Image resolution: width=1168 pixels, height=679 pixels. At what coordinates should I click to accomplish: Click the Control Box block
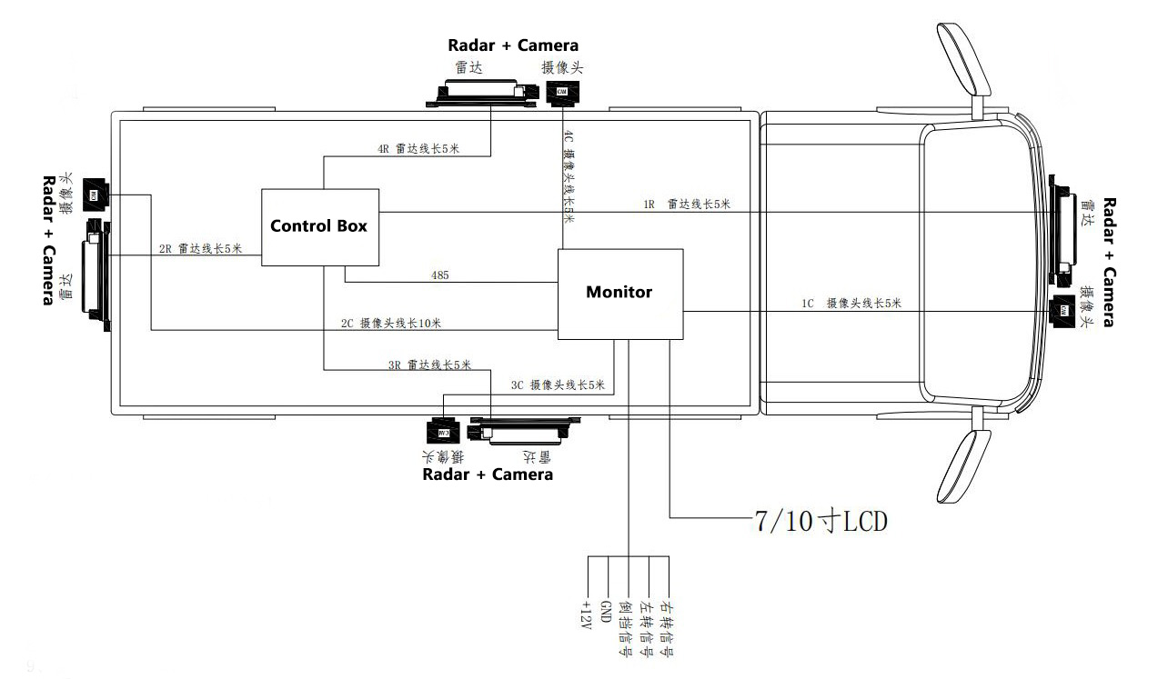319,227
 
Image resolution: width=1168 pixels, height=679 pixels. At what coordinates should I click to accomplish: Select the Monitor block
619,294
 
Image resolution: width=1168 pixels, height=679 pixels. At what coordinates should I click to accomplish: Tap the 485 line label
440,274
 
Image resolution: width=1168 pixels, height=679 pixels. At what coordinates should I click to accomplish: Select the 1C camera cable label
851,304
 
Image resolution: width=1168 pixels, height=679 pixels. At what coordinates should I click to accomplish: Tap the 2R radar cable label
201,248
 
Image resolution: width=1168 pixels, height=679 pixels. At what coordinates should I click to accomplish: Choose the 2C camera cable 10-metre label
391,323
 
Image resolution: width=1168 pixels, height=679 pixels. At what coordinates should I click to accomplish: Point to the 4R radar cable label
418,149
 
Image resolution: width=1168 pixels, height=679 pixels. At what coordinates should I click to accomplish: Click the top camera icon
562,92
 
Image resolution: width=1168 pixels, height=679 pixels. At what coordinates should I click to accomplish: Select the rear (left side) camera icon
95,193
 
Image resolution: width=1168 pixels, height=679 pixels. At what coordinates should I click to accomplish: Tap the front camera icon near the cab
1061,310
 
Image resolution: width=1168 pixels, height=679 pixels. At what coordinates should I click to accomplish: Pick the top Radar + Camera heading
513,45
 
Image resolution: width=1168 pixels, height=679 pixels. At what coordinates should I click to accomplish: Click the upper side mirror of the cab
965,59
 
